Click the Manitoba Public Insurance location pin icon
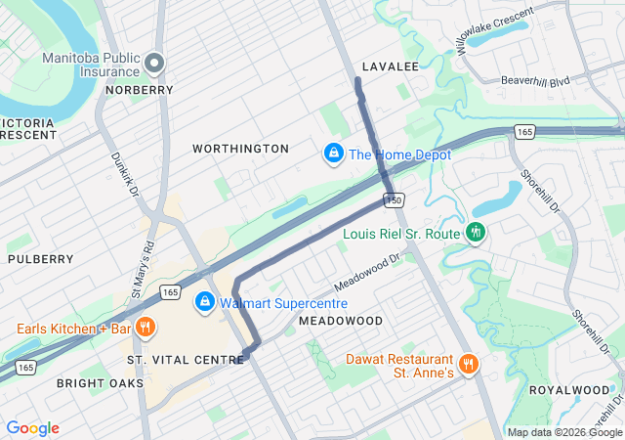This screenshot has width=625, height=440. point(153,65)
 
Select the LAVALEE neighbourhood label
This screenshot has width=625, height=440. point(390,66)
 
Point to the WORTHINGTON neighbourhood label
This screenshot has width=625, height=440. point(240,149)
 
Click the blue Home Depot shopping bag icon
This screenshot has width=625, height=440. point(333,154)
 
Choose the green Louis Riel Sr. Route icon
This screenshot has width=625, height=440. point(475,233)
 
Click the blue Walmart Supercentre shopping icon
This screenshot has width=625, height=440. point(204,302)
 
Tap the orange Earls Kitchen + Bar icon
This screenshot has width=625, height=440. point(145,328)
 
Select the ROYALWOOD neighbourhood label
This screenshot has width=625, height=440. point(569,389)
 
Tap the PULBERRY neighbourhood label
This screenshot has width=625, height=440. point(40,259)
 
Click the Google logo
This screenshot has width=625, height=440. point(32,428)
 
